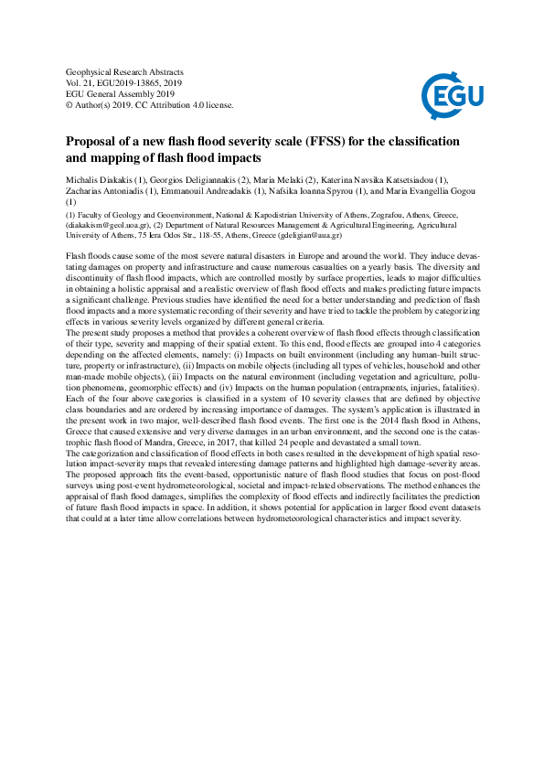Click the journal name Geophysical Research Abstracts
tap(125, 71)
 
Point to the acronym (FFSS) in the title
tap(330, 142)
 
